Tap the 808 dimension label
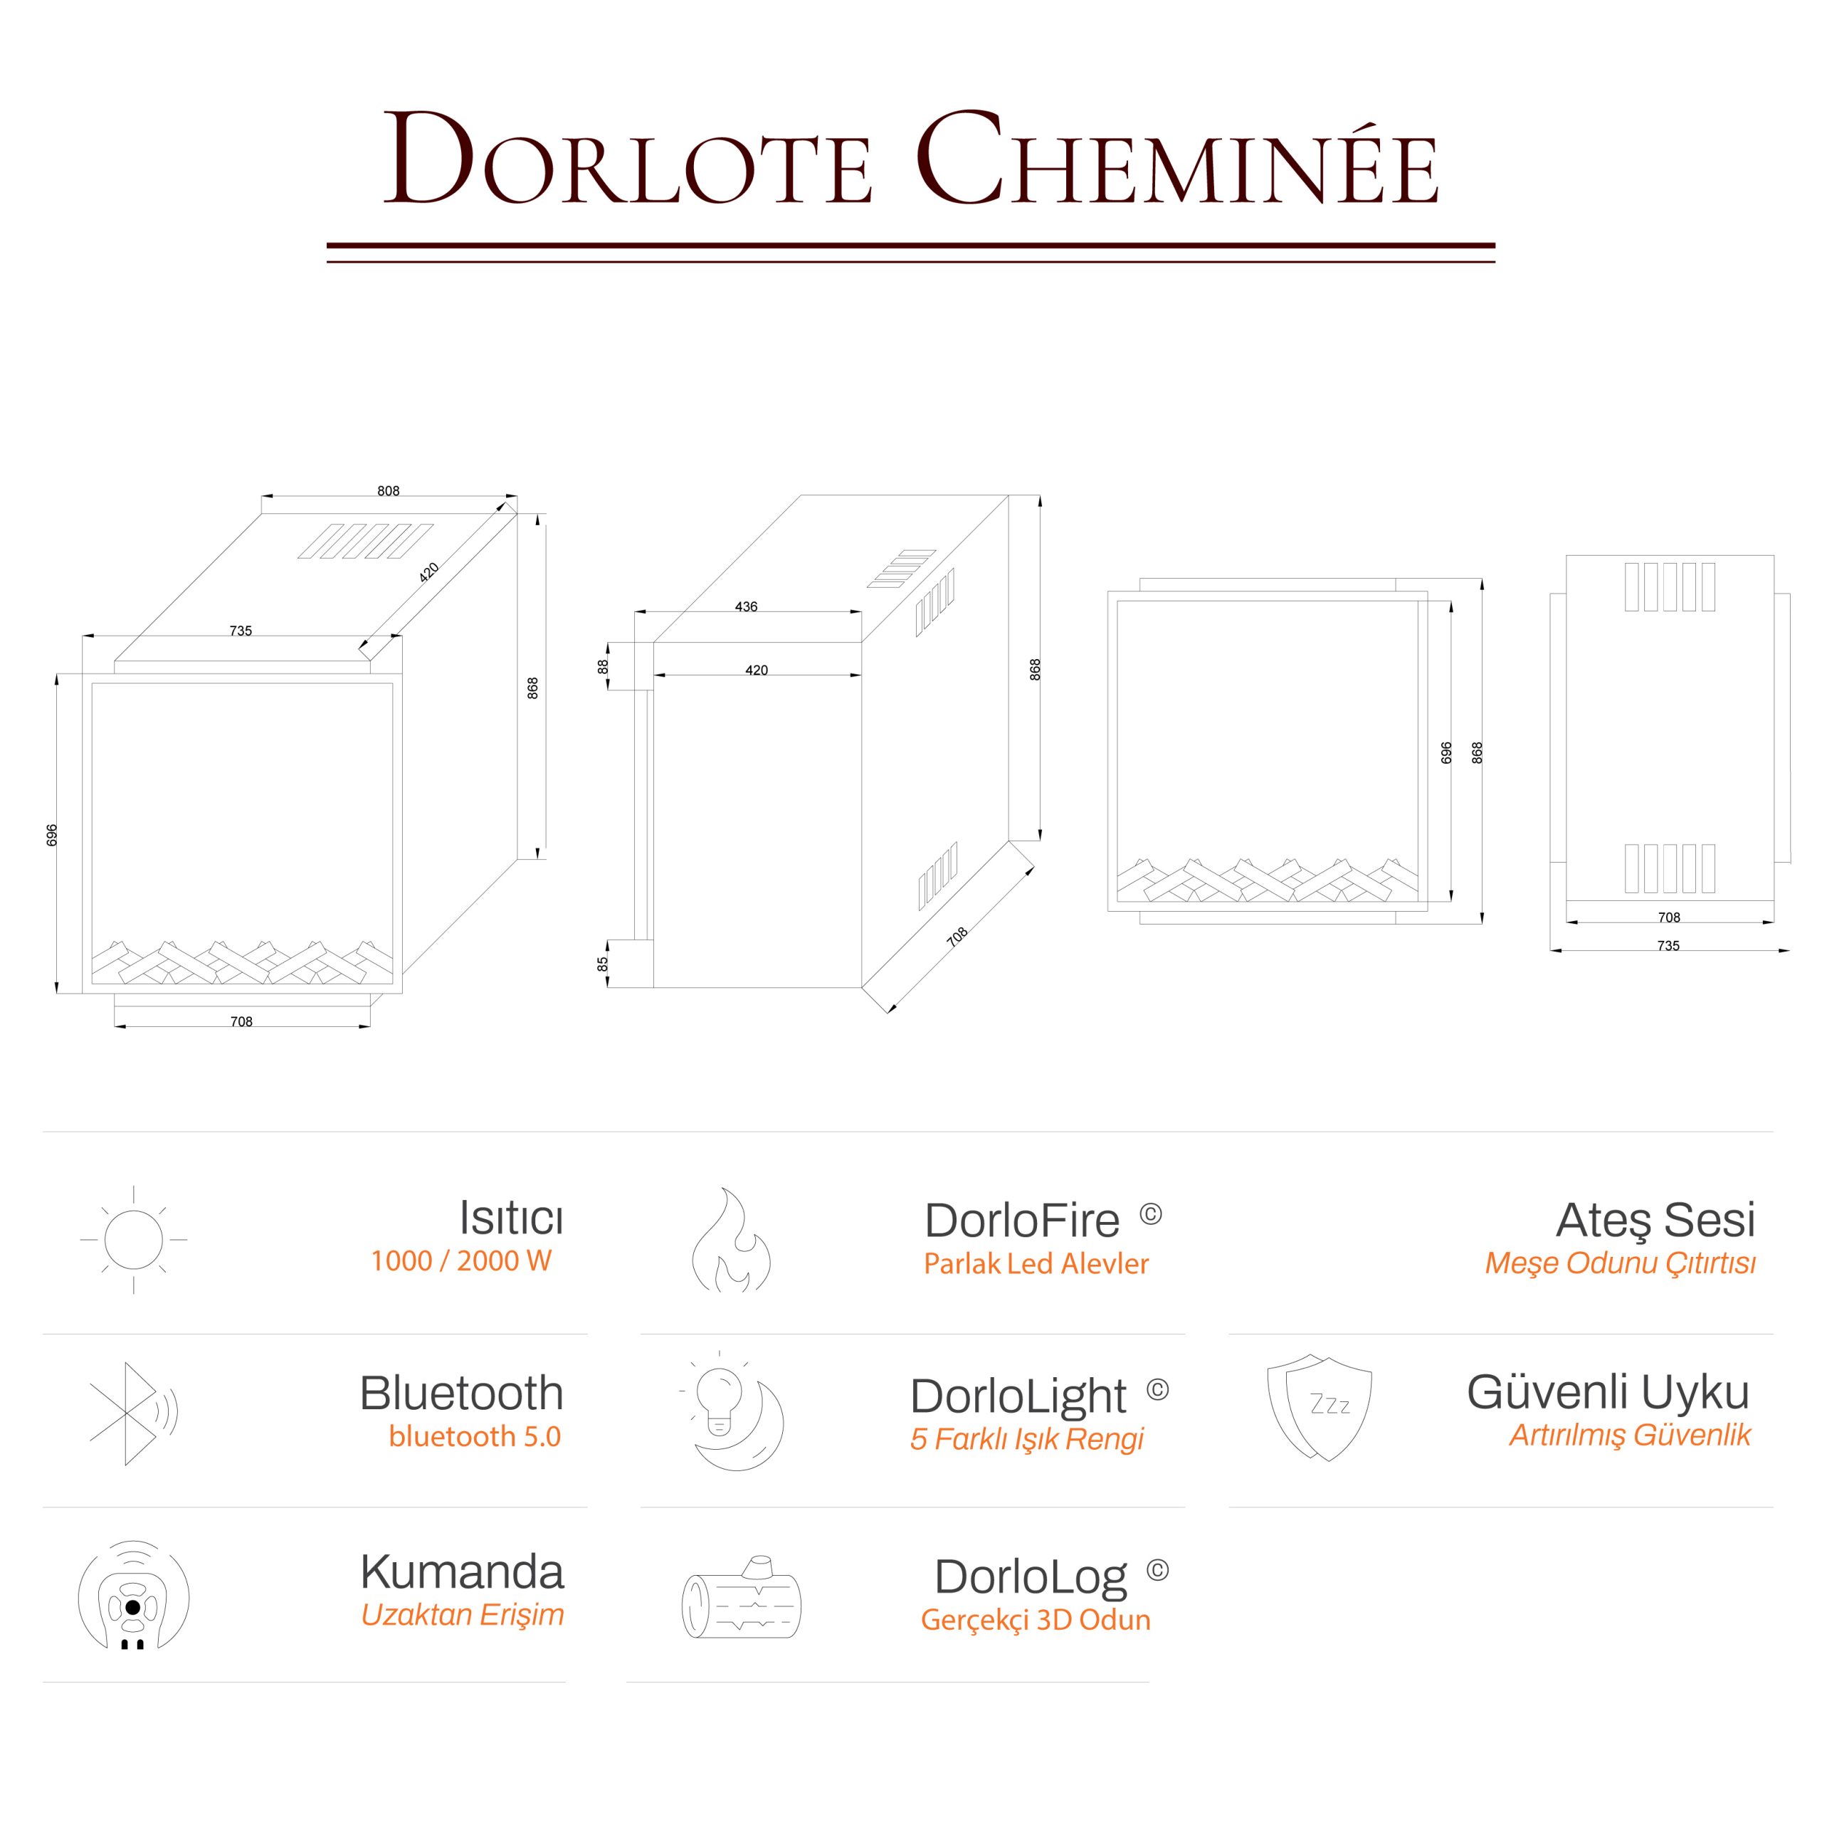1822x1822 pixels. tap(388, 491)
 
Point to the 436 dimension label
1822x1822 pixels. tap(746, 607)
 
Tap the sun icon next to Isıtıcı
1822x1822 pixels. tap(134, 1239)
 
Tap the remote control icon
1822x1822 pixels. tap(133, 1596)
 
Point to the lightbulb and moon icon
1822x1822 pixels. tap(734, 1412)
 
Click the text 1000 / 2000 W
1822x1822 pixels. tap(461, 1261)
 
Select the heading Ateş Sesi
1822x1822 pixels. tap(1655, 1221)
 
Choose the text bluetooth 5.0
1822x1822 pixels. tap(475, 1436)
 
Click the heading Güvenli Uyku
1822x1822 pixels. tap(1608, 1392)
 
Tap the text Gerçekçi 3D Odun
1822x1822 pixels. tap(1036, 1620)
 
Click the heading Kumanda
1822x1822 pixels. tap(462, 1572)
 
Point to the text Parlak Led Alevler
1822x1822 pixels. tap(1036, 1264)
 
